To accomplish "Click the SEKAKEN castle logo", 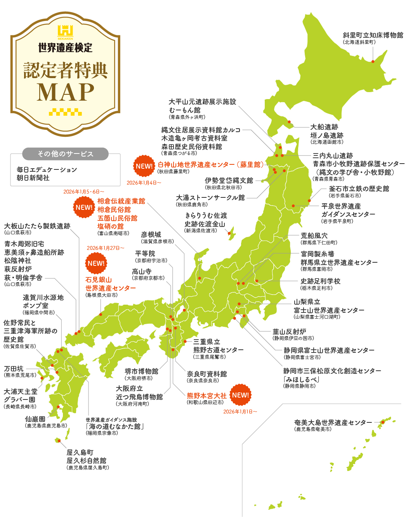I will [65, 31].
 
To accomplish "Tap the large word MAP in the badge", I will [66, 92].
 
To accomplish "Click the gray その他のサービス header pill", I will [65, 154].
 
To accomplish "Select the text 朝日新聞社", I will [33, 178].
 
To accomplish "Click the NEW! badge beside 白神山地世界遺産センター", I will [144, 166].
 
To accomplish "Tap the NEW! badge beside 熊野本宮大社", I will [241, 395].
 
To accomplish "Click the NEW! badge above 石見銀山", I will [96, 263].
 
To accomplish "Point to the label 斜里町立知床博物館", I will [373, 35].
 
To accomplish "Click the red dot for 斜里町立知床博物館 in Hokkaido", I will [373, 61].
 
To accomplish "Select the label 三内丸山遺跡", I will [333, 155].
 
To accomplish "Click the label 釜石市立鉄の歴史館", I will [359, 188].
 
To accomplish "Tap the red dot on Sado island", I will [229, 234].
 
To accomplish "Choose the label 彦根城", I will [151, 235].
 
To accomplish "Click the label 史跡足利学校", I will [320, 281].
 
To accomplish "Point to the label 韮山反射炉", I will [289, 331].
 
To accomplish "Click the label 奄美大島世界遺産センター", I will [333, 422].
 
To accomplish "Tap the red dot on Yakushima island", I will [59, 440].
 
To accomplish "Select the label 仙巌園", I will [35, 419].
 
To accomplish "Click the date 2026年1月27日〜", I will [106, 248].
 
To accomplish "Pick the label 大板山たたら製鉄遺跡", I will [37, 226].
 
